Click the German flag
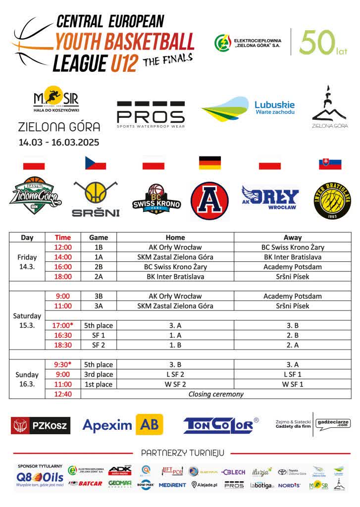[x=209, y=163]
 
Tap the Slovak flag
[x=330, y=163]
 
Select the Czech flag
[x=96, y=163]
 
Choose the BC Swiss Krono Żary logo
[x=156, y=200]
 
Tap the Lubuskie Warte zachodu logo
[x=248, y=109]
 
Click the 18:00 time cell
[x=63, y=277]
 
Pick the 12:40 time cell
[x=63, y=395]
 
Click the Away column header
[x=292, y=238]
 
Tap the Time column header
[x=63, y=238]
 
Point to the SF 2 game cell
[x=98, y=345]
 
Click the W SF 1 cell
[x=292, y=385]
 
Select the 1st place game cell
[x=98, y=385]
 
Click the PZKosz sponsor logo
[x=41, y=425]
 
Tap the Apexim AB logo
[x=122, y=425]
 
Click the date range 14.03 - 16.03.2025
[x=59, y=143]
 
